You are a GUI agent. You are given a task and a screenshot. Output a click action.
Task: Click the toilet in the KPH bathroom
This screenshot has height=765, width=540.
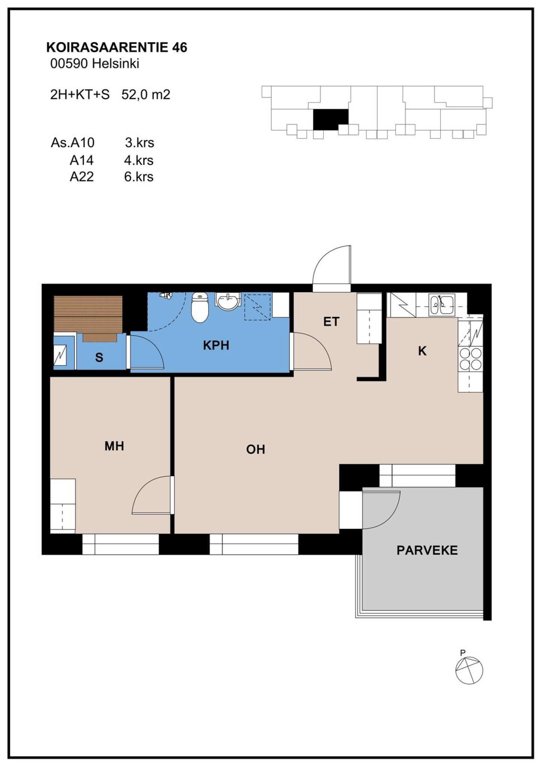(x=200, y=307)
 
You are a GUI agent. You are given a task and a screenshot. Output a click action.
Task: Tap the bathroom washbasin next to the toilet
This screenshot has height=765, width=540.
(x=228, y=301)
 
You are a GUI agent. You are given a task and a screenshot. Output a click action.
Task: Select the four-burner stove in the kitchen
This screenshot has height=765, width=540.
(x=470, y=359)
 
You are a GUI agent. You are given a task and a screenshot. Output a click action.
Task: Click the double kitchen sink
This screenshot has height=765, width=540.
(x=442, y=304)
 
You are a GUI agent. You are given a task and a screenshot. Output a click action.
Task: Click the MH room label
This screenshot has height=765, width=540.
(x=114, y=446)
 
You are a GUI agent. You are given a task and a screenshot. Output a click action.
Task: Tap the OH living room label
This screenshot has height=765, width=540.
(x=256, y=449)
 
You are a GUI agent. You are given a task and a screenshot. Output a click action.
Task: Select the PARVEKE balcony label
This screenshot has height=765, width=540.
(x=427, y=551)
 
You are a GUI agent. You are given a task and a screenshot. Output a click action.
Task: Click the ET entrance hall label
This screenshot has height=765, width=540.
(x=331, y=321)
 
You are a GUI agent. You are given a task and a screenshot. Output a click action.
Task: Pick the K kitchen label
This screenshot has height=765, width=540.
(x=422, y=351)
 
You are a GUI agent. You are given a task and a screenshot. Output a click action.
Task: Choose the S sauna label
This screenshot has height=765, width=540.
(x=99, y=357)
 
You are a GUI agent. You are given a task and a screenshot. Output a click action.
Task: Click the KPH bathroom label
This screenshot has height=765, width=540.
(x=216, y=345)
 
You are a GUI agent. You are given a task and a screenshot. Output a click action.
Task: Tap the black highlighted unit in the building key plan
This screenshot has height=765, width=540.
(x=330, y=119)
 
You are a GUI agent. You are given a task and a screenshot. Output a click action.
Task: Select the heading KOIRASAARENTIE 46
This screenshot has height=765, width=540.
(x=117, y=48)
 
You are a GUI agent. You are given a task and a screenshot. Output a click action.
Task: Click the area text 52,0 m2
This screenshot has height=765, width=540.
(x=146, y=94)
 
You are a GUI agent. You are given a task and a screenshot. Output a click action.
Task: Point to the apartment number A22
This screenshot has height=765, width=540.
(x=82, y=177)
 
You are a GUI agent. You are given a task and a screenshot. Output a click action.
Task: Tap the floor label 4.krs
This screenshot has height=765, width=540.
(x=139, y=160)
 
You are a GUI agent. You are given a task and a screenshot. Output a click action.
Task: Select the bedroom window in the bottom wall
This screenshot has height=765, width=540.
(x=121, y=544)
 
